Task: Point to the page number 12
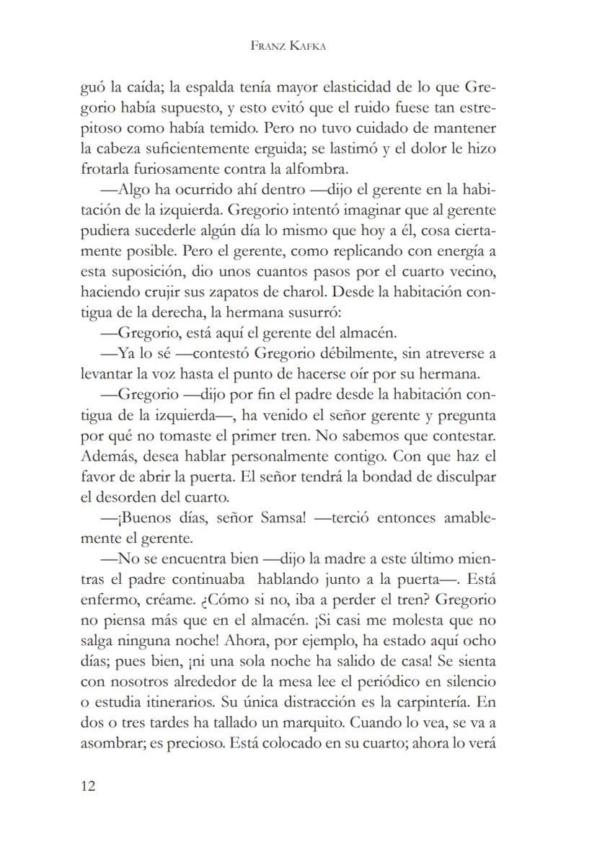pyautogui.click(x=88, y=785)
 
